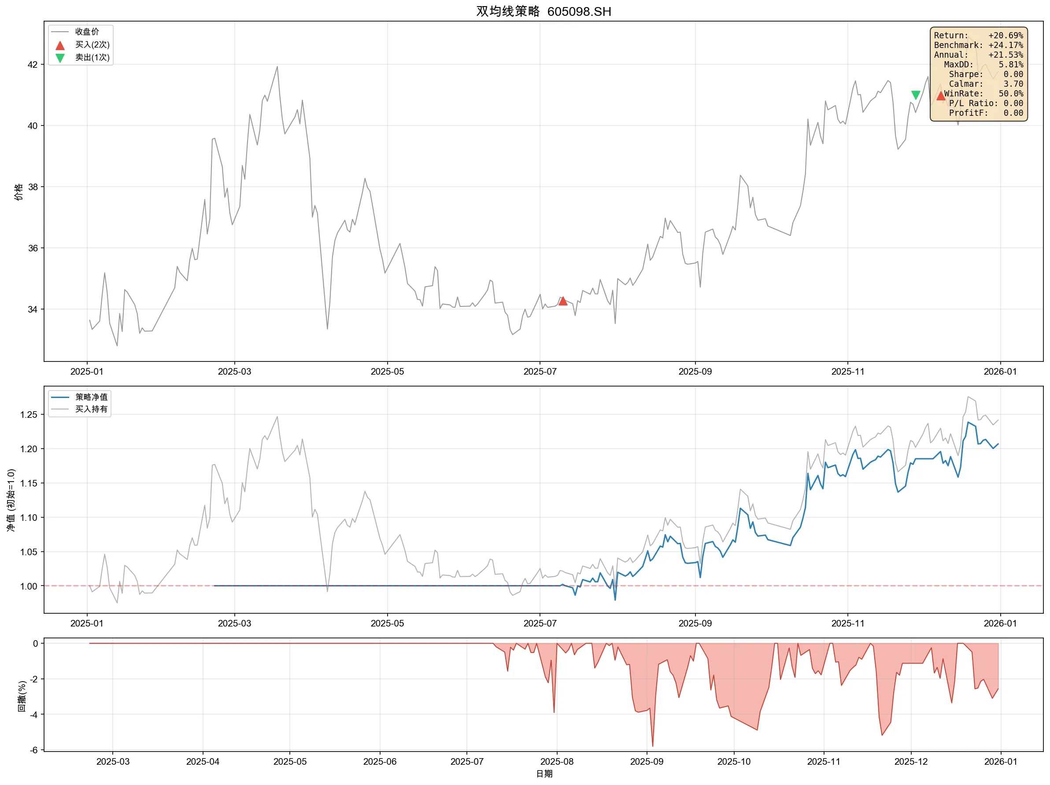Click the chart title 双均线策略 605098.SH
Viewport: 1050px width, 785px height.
(x=543, y=11)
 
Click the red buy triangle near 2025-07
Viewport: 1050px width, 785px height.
(x=562, y=301)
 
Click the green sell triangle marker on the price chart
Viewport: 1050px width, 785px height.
(x=916, y=96)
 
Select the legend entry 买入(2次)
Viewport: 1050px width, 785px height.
(x=92, y=44)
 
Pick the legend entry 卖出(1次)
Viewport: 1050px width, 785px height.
(x=92, y=57)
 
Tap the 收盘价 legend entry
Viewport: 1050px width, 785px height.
(x=87, y=32)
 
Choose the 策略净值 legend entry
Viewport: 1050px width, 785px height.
(x=91, y=397)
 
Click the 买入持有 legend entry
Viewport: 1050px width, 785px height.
(x=91, y=409)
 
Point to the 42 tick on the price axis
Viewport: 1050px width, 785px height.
(x=32, y=65)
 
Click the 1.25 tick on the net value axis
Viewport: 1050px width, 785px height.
(x=29, y=415)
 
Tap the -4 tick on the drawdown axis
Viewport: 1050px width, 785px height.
(x=34, y=714)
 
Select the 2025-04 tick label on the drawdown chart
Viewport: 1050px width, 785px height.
(x=203, y=762)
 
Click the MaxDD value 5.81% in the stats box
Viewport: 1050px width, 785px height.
(x=1011, y=65)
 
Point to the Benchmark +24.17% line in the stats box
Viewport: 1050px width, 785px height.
(x=978, y=45)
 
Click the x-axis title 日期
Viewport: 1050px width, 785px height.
(x=544, y=774)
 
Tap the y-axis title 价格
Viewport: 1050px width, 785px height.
(x=18, y=192)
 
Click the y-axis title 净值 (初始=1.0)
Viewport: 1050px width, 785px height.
(x=11, y=500)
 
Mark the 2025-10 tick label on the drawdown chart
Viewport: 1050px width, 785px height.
(x=734, y=762)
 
